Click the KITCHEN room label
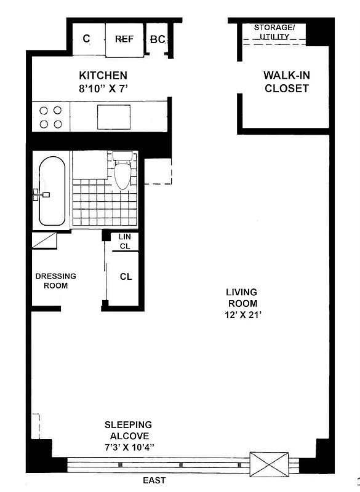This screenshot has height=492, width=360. pyautogui.click(x=103, y=76)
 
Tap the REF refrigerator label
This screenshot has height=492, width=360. pyautogui.click(x=124, y=39)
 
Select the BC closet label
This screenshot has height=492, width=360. pyautogui.click(x=158, y=39)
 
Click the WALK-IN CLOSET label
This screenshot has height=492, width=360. pyautogui.click(x=286, y=82)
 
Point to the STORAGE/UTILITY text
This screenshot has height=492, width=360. pyautogui.click(x=274, y=33)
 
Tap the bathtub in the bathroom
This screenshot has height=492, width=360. pyautogui.click(x=52, y=191)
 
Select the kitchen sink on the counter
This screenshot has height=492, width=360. pyautogui.click(x=113, y=117)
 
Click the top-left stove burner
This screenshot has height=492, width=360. pyautogui.click(x=44, y=111)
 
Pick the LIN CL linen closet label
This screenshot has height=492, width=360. pyautogui.click(x=125, y=242)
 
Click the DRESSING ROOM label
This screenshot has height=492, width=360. pyautogui.click(x=55, y=281)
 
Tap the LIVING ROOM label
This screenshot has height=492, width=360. pyautogui.click(x=241, y=298)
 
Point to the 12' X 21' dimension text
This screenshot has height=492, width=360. pyautogui.click(x=241, y=315)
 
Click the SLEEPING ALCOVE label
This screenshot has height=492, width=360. pyautogui.click(x=127, y=430)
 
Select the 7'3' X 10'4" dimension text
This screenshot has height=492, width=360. pyautogui.click(x=127, y=447)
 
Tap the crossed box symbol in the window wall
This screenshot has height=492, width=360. pyautogui.click(x=269, y=462)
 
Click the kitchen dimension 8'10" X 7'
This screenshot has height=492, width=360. pyautogui.click(x=103, y=89)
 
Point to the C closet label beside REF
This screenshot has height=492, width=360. pyautogui.click(x=86, y=39)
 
